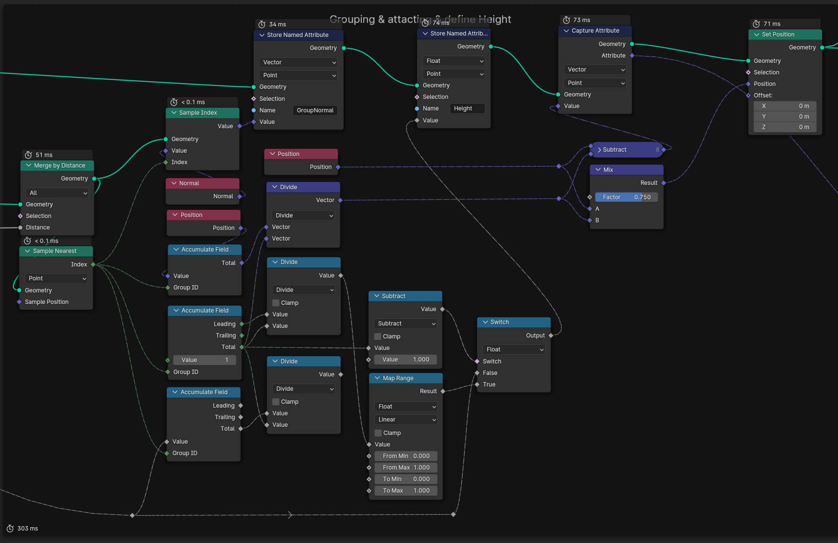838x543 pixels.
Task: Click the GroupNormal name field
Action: [315, 110]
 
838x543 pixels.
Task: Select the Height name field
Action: [467, 109]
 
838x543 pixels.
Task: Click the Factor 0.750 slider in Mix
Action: [626, 197]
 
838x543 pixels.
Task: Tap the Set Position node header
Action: [785, 35]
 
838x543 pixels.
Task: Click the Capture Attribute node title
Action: [595, 31]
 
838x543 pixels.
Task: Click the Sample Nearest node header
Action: [55, 251]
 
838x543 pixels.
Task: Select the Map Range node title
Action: [398, 378]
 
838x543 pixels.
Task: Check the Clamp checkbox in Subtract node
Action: [378, 337]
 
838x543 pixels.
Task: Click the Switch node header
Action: [513, 322]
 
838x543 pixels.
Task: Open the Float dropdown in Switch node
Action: [514, 350]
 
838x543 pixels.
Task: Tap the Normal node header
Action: [202, 183]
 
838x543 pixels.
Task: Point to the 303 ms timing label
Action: [27, 529]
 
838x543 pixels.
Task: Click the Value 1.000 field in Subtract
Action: [406, 360]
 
